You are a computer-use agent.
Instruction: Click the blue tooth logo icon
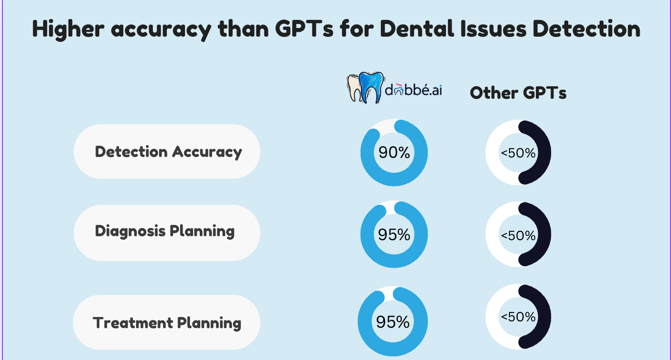[370, 87]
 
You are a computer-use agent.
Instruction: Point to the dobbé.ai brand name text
[413, 91]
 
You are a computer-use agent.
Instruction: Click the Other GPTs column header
[518, 93]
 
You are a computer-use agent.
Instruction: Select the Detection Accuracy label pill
[167, 152]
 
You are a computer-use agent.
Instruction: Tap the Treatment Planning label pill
[166, 323]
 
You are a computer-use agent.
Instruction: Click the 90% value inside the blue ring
[394, 153]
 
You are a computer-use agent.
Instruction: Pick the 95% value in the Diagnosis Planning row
[394, 235]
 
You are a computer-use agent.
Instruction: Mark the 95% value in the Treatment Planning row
[393, 322]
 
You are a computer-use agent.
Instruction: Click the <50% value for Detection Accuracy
[518, 153]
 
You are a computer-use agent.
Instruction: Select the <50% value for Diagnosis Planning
[518, 236]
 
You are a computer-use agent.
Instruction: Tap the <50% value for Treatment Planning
[518, 317]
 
